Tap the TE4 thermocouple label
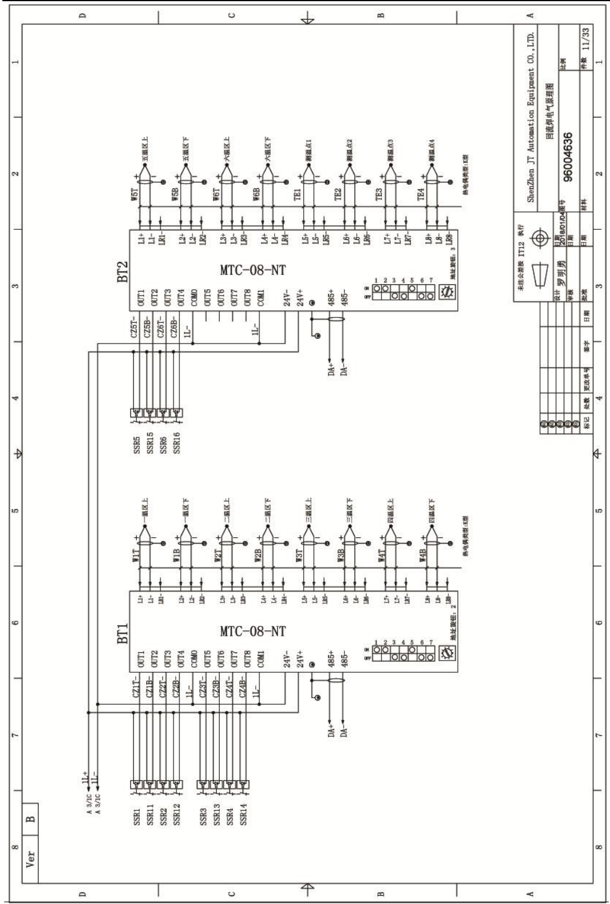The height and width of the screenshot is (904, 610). pyautogui.click(x=421, y=195)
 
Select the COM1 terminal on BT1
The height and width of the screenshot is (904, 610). pyautogui.click(x=261, y=658)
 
